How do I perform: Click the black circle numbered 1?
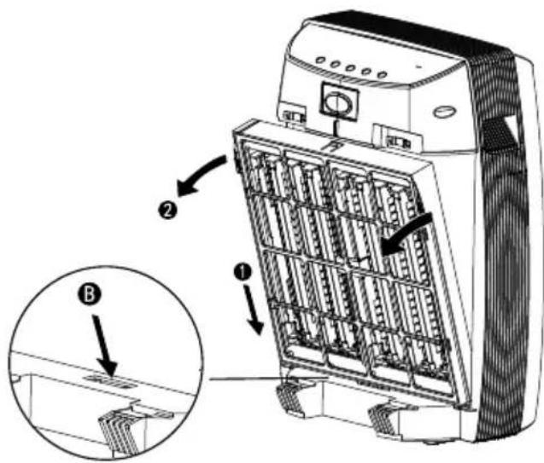tap(243, 271)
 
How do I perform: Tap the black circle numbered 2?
tap(167, 211)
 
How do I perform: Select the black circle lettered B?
tap(89, 296)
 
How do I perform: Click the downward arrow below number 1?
tap(254, 310)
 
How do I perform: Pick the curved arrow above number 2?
tap(201, 177)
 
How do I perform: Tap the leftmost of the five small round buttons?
tap(320, 61)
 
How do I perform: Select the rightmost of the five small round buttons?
tap(382, 74)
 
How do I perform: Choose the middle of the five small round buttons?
tap(350, 67)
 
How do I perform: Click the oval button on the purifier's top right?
tap(443, 112)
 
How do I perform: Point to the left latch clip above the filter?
tap(294, 114)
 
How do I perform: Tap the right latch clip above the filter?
tap(398, 140)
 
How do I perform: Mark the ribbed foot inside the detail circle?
tap(120, 430)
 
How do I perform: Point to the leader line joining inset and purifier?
tap(268, 378)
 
